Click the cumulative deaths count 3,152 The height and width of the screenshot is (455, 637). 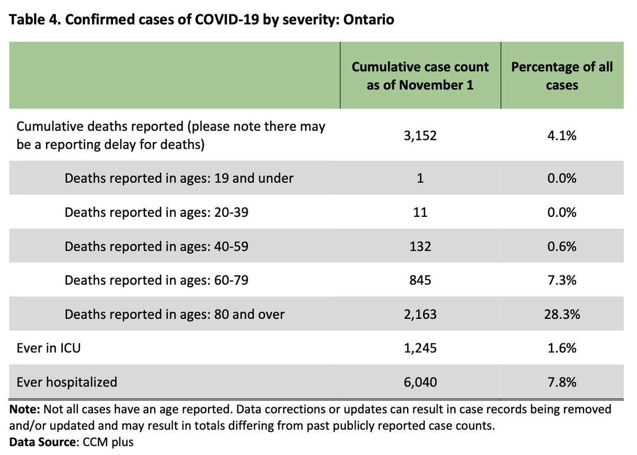[x=420, y=136]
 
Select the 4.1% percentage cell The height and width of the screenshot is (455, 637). [x=562, y=136]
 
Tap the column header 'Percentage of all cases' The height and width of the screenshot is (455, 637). [x=562, y=75]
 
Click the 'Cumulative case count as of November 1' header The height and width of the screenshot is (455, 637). [x=420, y=75]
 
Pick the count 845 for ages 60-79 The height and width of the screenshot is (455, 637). [x=420, y=280]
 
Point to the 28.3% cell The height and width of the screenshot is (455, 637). [x=562, y=314]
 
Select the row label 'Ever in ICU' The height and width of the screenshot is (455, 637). [x=49, y=348]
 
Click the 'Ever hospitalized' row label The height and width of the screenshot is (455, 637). [x=67, y=382]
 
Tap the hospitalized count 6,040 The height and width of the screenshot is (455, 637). [x=420, y=382]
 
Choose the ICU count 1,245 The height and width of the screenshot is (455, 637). [x=420, y=348]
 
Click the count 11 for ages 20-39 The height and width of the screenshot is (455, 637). [x=420, y=212]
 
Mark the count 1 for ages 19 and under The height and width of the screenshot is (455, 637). [x=420, y=178]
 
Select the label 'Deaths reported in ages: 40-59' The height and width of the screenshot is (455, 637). [x=157, y=246]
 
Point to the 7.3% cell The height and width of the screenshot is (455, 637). [x=562, y=280]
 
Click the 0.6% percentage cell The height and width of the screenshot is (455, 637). [x=562, y=246]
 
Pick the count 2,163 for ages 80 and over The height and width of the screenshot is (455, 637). [x=420, y=314]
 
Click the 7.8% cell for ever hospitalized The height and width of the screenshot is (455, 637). [x=562, y=382]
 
